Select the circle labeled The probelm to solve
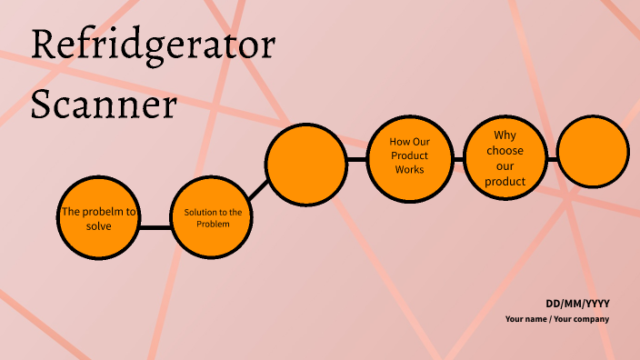tap(98, 218)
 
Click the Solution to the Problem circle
tap(213, 218)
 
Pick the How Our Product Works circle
tap(409, 156)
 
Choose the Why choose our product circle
tap(505, 156)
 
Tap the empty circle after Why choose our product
tap(593, 152)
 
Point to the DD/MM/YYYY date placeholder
tap(577, 303)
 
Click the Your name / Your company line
tap(557, 319)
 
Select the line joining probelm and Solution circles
tap(155, 226)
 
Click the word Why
tap(505, 135)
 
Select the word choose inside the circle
tap(505, 151)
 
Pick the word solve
tap(98, 225)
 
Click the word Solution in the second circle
tap(200, 212)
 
